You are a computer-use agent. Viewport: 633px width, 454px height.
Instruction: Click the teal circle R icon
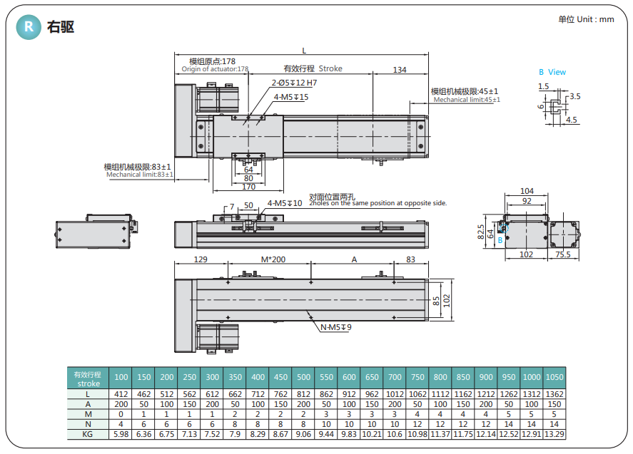[29, 27]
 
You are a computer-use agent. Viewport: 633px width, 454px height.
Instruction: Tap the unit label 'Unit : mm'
[586, 19]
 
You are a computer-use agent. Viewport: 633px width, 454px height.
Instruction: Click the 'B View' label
[552, 72]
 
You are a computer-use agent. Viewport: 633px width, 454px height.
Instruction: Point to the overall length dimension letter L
[304, 51]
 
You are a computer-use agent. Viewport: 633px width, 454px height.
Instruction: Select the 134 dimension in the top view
[400, 69]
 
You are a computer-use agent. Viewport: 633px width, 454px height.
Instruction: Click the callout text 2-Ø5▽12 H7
[294, 83]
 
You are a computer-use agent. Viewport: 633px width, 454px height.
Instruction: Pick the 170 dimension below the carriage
[248, 187]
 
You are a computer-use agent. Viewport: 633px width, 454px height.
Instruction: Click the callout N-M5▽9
[335, 327]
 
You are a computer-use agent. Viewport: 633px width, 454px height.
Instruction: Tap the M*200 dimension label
[273, 259]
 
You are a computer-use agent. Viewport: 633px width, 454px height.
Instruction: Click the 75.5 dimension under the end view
[563, 254]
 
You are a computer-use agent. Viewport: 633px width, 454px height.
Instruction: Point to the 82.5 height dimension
[481, 232]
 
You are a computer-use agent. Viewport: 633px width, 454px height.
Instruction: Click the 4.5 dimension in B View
[572, 120]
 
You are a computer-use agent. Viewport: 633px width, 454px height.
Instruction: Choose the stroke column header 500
[304, 377]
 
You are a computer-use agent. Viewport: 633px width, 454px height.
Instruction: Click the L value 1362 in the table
[554, 393]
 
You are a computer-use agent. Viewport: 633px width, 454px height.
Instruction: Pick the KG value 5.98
[121, 433]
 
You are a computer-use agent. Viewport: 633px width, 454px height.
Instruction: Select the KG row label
[88, 433]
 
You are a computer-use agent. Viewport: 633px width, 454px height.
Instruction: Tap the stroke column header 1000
[531, 377]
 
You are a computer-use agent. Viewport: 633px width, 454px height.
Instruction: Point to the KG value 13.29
[554, 433]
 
